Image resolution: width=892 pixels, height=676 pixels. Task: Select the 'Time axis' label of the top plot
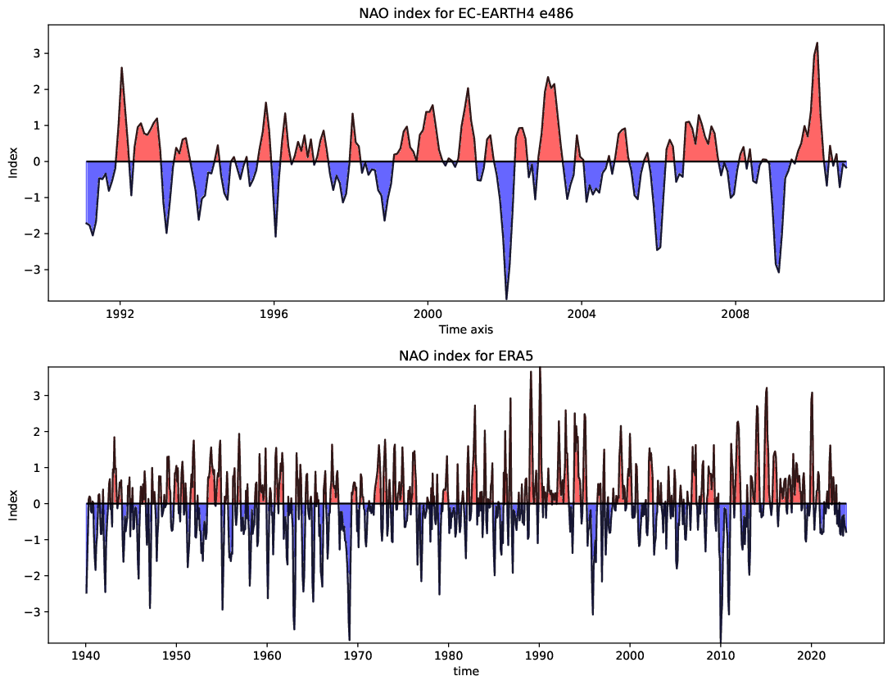[x=465, y=329]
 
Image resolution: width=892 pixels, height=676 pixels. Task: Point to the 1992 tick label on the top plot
[x=120, y=314]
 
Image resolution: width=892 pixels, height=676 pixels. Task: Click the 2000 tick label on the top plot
[x=428, y=314]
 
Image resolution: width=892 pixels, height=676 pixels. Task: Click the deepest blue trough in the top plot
[x=506, y=298]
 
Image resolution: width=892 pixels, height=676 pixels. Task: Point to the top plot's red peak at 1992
[x=121, y=68]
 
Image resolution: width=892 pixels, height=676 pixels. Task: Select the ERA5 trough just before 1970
[x=350, y=639]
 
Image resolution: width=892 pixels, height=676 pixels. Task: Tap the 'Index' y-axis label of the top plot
[x=12, y=161]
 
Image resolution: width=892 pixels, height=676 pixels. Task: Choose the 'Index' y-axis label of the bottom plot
[x=12, y=504]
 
